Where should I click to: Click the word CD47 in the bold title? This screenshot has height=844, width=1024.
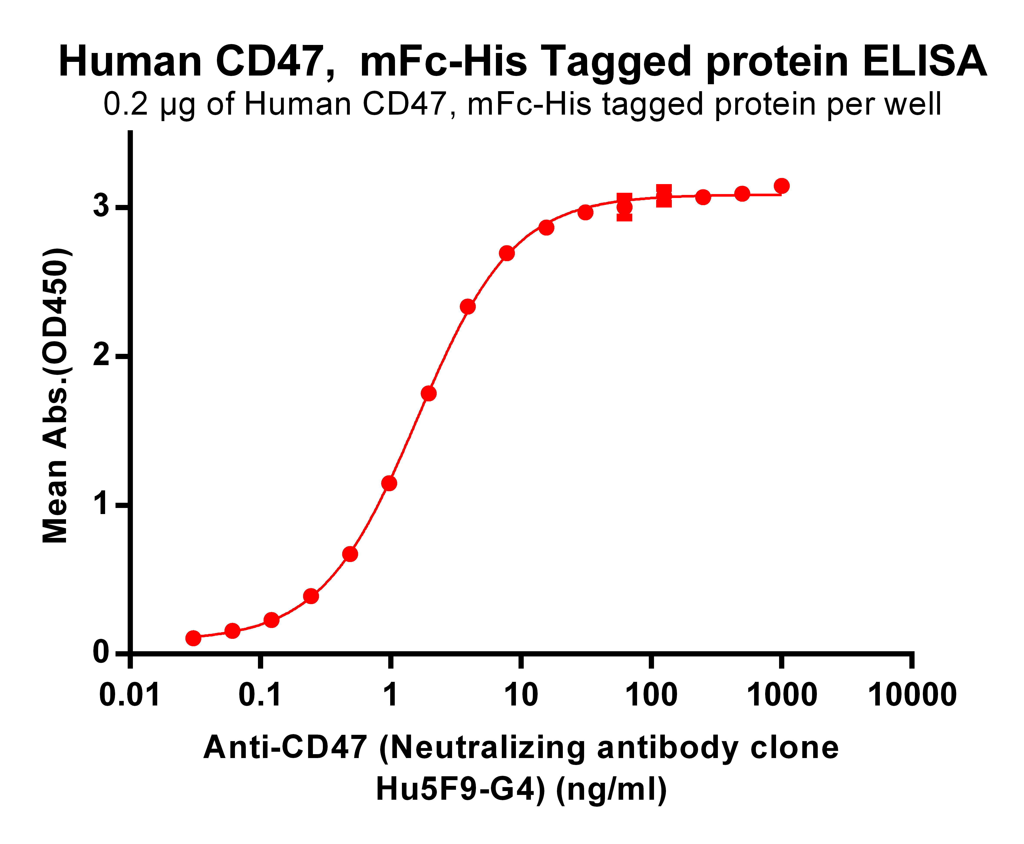pyautogui.click(x=270, y=62)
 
